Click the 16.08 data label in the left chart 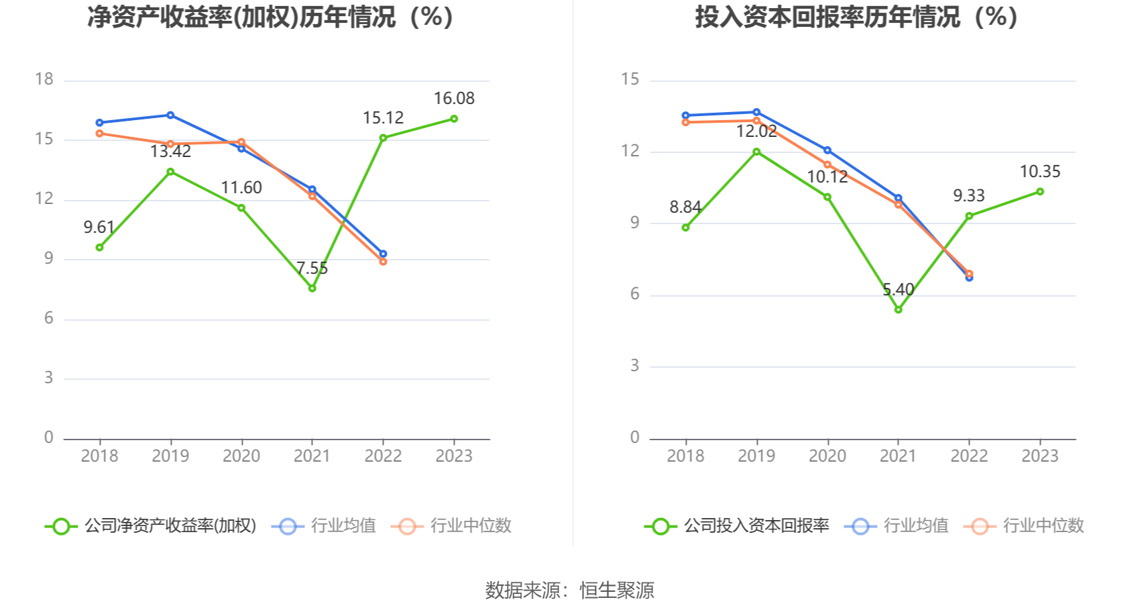pyautogui.click(x=453, y=99)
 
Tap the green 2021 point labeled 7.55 pyautogui.click(x=312, y=288)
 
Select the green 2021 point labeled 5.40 pyautogui.click(x=898, y=309)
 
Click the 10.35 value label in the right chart pyautogui.click(x=1039, y=172)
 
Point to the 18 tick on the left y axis pyautogui.click(x=44, y=79)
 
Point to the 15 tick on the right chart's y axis pyautogui.click(x=630, y=79)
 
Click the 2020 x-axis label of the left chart pyautogui.click(x=241, y=456)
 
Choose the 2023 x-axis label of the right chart pyautogui.click(x=1039, y=456)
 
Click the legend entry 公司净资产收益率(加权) pyautogui.click(x=151, y=526)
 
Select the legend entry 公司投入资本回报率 pyautogui.click(x=737, y=526)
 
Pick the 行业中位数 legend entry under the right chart pyautogui.click(x=1024, y=526)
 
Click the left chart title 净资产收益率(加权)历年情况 pyautogui.click(x=270, y=17)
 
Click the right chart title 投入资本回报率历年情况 pyautogui.click(x=856, y=17)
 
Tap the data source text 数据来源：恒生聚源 pyautogui.click(x=569, y=591)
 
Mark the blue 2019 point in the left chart pyautogui.click(x=170, y=115)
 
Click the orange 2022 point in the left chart pyautogui.click(x=383, y=262)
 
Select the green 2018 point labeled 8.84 pyautogui.click(x=685, y=227)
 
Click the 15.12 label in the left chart pyautogui.click(x=383, y=118)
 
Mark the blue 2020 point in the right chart pyautogui.click(x=827, y=150)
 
